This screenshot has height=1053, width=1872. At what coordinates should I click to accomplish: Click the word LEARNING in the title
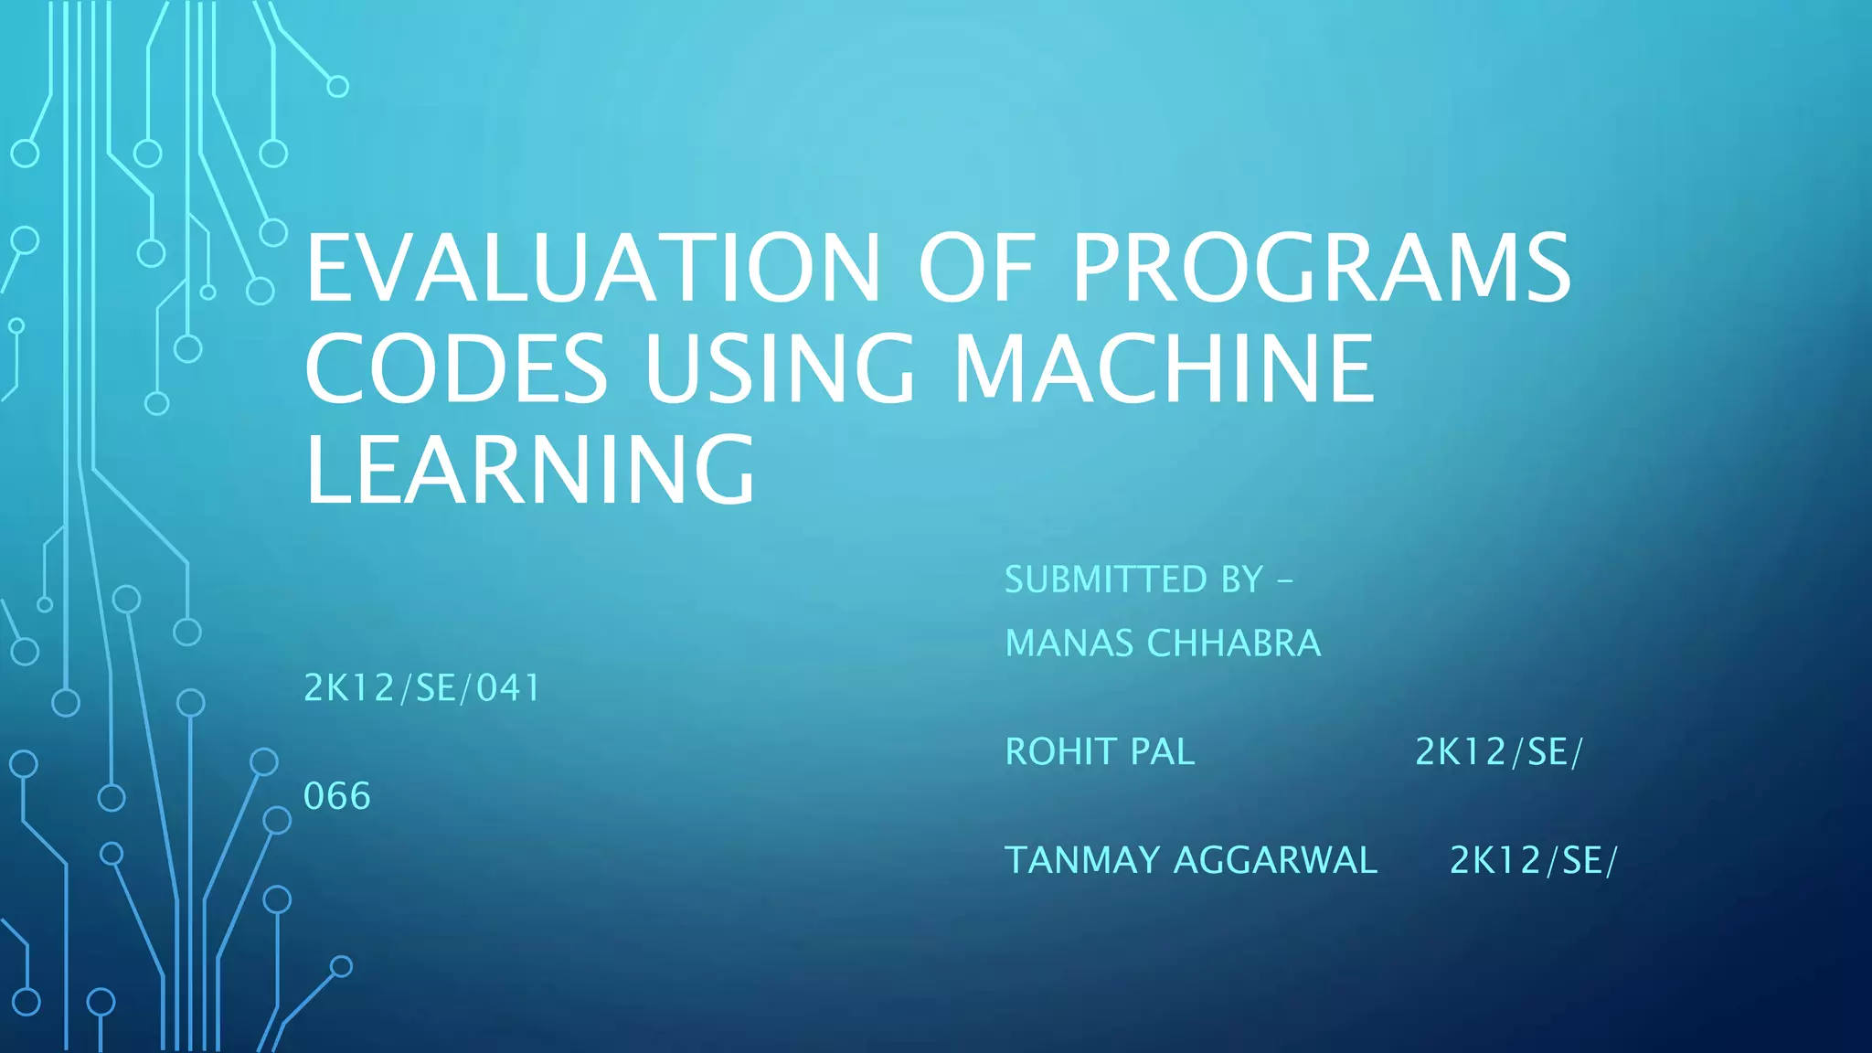point(530,470)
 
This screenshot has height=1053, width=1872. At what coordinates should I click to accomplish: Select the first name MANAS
point(1069,643)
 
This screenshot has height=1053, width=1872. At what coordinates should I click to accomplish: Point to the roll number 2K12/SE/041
point(422,688)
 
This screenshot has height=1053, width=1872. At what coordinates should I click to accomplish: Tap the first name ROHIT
point(1060,752)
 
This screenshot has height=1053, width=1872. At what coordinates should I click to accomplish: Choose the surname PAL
point(1163,752)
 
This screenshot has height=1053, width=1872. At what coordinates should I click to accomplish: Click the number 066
point(337,796)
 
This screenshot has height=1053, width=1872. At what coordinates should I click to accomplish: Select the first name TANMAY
point(1082,860)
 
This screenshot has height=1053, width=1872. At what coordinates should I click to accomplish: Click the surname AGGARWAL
point(1275,860)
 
